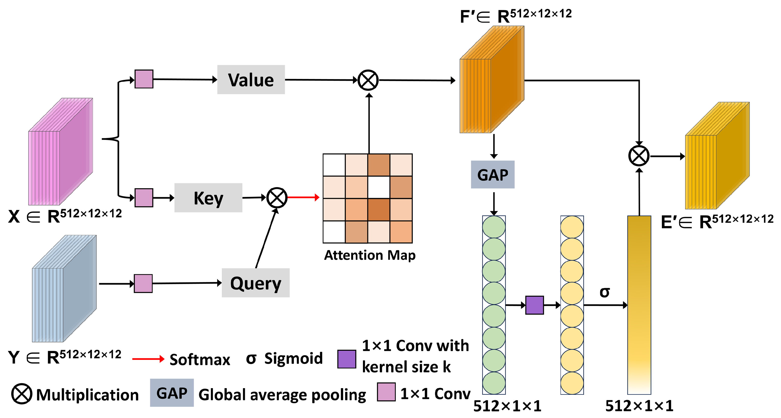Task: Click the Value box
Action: click(251, 80)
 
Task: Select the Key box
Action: click(208, 198)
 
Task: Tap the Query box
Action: click(256, 283)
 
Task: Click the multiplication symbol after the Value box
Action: click(368, 80)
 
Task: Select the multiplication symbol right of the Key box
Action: click(277, 198)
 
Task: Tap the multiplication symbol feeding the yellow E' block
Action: click(639, 156)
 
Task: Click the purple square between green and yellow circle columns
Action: click(534, 305)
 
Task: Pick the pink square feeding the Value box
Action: click(144, 79)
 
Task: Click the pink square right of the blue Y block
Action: click(143, 283)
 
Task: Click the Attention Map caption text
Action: click(370, 255)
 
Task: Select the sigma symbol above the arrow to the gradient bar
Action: click(605, 292)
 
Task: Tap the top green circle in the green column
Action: click(494, 227)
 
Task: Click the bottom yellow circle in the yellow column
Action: click(572, 383)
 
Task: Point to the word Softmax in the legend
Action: click(200, 360)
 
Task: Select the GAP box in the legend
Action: click(172, 393)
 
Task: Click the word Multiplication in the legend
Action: click(87, 395)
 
